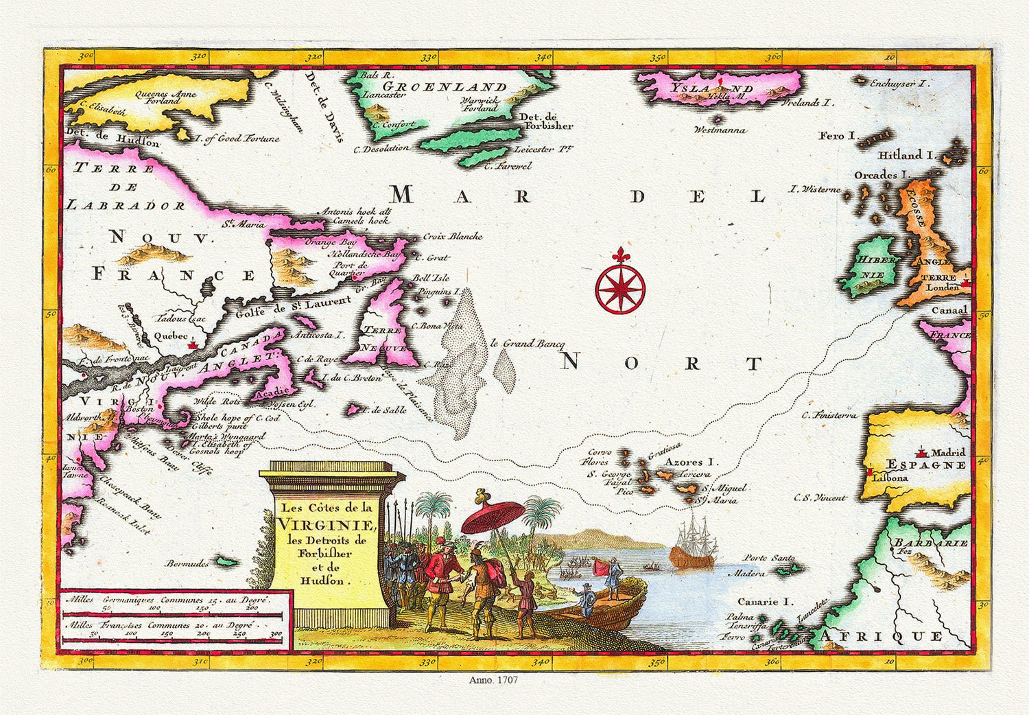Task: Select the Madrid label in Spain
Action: (948, 452)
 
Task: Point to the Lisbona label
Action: (890, 477)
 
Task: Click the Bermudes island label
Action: (187, 563)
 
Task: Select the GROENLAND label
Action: (444, 87)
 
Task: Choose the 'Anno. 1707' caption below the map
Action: (493, 680)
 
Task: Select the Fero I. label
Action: (838, 136)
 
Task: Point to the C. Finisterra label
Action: (829, 415)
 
